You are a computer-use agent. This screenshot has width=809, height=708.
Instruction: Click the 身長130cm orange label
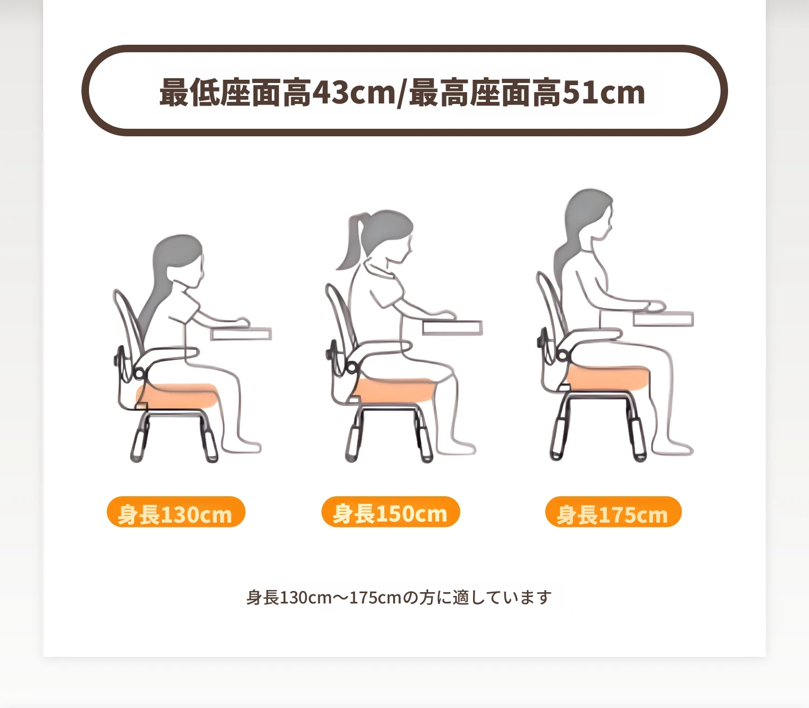click(x=176, y=512)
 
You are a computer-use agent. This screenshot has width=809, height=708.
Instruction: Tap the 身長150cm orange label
click(x=390, y=512)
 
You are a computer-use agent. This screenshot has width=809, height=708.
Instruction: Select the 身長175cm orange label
click(x=613, y=512)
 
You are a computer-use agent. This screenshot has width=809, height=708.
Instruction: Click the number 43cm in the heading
click(x=354, y=93)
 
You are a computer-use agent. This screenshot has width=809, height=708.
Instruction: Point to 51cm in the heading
click(x=604, y=93)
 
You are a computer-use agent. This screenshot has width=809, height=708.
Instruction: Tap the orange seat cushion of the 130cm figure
click(x=177, y=395)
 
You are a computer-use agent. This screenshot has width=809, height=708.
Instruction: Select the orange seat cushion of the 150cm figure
click(x=392, y=390)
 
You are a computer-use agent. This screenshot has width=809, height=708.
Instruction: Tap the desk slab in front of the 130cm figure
click(x=241, y=334)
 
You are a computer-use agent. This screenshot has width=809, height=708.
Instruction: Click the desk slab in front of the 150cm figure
click(x=453, y=328)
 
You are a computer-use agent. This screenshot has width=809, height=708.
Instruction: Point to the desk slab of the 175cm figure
click(x=663, y=318)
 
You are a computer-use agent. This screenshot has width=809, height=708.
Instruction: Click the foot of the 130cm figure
click(x=242, y=446)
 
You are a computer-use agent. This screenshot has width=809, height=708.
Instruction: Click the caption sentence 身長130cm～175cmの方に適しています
click(x=399, y=598)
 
